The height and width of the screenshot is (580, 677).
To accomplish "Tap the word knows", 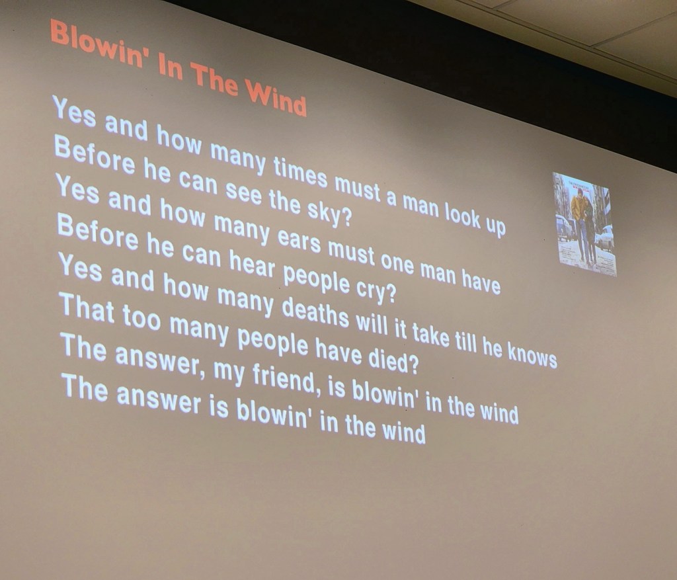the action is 532,354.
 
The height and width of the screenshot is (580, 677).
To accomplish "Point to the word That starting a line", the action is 88,308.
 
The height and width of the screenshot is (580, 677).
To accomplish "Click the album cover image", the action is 584,224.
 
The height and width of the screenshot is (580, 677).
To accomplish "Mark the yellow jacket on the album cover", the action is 578,207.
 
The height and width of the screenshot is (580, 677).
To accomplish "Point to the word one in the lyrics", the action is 397,261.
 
